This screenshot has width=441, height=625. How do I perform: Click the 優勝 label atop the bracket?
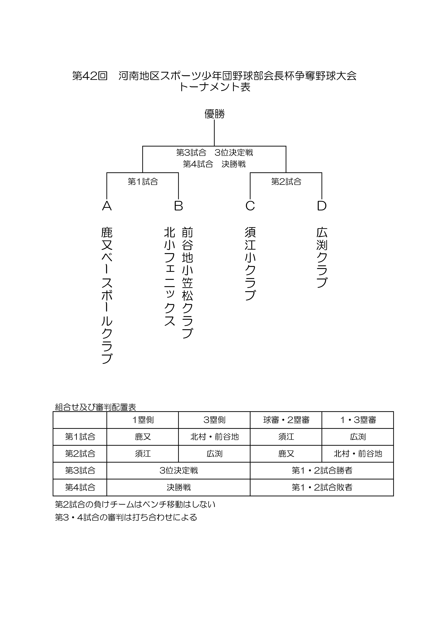point(215,114)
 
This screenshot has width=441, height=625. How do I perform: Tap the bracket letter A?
point(107,206)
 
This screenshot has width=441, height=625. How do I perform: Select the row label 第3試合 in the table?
point(80,470)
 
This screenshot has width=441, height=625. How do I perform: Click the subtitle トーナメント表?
point(215,87)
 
